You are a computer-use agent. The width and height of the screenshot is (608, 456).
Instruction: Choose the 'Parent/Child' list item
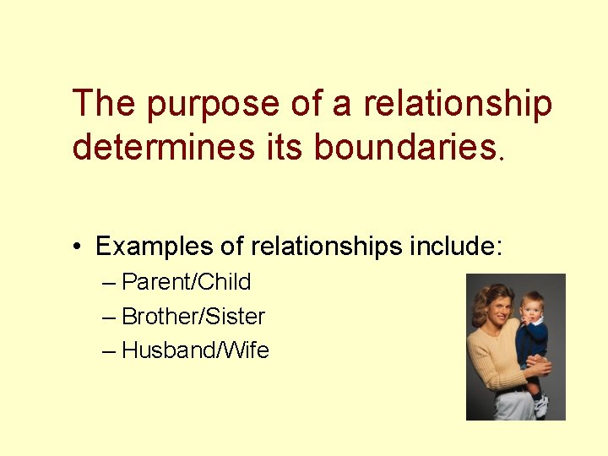pos(187,281)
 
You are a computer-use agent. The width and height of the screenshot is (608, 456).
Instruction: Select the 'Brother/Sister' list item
pos(193,317)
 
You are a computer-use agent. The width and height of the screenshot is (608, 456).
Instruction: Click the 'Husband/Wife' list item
pos(196,350)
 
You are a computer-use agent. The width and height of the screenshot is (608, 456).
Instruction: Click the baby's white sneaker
pos(540,407)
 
